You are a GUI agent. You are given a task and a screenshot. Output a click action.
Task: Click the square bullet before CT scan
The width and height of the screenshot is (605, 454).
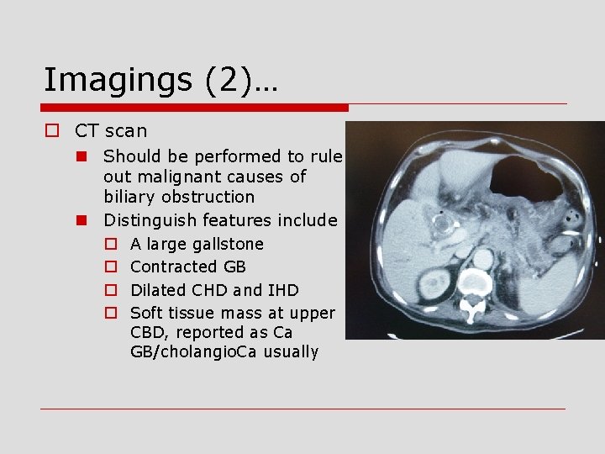[x=52, y=131]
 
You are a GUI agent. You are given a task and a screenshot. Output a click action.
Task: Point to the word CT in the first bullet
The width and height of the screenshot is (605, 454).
[x=87, y=131]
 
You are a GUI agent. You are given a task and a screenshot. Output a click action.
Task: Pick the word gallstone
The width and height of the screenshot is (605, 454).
[x=228, y=244]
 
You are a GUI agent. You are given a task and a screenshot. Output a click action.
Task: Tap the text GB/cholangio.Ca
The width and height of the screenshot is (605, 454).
[x=182, y=352]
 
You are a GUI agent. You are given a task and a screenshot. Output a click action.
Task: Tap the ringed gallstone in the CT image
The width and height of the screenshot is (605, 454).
[x=440, y=224]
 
